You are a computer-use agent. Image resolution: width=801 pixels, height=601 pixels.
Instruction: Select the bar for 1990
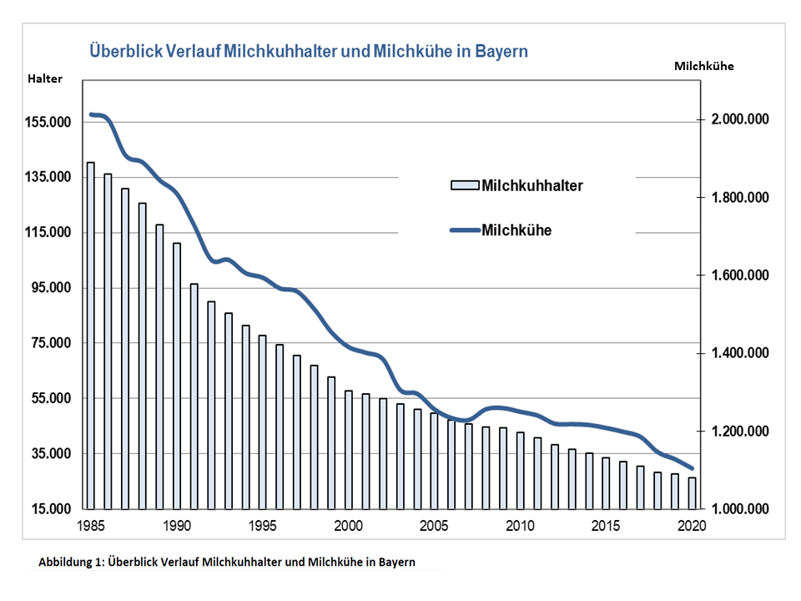coord(177,376)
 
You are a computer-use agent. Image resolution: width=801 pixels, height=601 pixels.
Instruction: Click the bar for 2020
coord(692,492)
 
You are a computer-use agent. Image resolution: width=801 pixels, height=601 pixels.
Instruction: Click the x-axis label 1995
coord(262,526)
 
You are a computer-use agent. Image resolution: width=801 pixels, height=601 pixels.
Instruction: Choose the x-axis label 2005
coord(434,526)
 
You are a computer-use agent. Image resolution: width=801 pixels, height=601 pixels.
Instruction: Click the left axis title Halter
coord(44,78)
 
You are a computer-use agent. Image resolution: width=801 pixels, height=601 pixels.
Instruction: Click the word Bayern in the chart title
coord(501,51)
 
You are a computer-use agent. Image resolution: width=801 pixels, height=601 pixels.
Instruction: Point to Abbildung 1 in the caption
coord(70,562)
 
